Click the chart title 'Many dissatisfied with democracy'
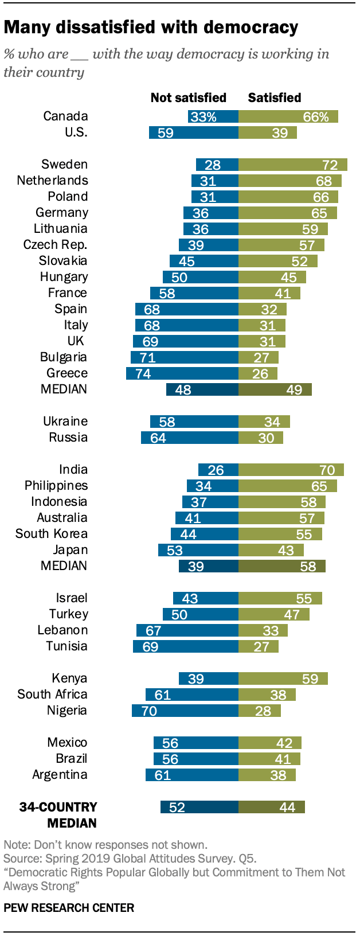pos(151,27)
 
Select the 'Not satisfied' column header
pos(188,97)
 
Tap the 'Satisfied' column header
pos(274,97)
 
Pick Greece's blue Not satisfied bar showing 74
pos(182,374)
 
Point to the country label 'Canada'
pos(65,116)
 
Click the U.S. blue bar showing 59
pos(193,133)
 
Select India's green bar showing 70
pos(291,470)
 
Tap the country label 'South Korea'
pos(52,534)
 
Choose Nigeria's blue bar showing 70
pos(185,711)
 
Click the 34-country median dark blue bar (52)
pos(199,808)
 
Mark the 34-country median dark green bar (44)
pos(271,808)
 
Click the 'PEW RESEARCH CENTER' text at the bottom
pos(69,908)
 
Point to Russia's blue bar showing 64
pos(189,438)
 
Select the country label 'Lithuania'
pos(60,229)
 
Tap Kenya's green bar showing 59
pos(283,679)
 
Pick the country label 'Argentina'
pos(60,775)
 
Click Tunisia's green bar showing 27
pos(258,647)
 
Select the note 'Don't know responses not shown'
pos(105,845)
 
